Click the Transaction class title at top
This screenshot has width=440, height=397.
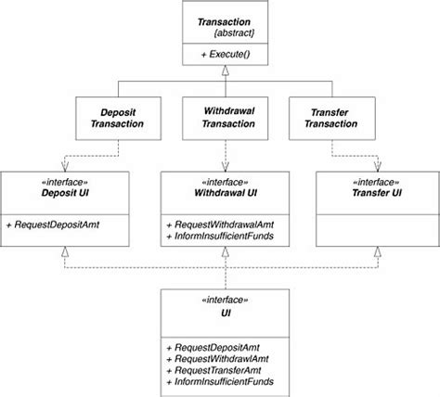coord(219,20)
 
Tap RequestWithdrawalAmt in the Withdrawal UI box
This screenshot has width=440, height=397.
coord(218,225)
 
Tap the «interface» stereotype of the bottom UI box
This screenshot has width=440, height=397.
coord(220,301)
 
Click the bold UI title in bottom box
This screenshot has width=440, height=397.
coord(220,314)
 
